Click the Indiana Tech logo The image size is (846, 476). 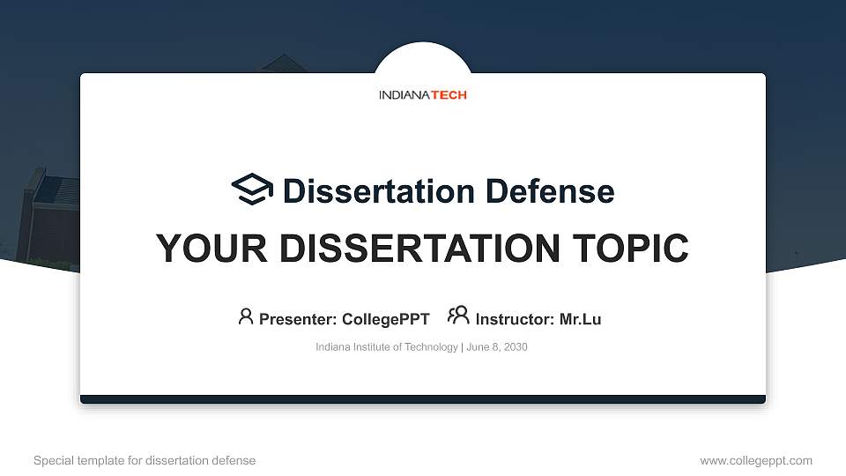click(422, 94)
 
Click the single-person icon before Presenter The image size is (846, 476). click(246, 316)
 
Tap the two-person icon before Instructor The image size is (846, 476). click(458, 316)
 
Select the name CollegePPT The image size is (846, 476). click(386, 319)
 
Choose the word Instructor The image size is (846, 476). click(515, 319)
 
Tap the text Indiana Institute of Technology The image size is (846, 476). click(386, 347)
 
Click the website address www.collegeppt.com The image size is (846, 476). click(756, 460)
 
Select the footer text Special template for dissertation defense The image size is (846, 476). click(145, 460)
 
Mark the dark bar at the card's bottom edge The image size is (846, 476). click(423, 399)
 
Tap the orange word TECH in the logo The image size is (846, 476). click(449, 94)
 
